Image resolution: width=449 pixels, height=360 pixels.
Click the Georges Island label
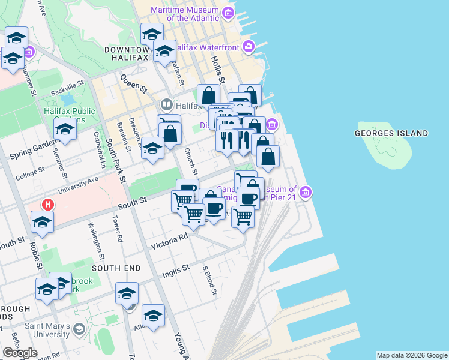(391, 133)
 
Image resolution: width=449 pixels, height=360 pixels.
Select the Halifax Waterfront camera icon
(249, 46)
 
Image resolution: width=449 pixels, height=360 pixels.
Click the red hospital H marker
(48, 205)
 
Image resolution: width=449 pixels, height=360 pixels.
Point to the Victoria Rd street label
(170, 241)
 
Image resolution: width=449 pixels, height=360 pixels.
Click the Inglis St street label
(176, 271)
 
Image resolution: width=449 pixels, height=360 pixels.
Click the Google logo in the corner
(20, 353)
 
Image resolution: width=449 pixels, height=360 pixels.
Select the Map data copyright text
(412, 355)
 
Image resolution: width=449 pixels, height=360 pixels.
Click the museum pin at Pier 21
(306, 193)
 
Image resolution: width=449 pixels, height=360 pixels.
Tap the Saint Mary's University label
(47, 331)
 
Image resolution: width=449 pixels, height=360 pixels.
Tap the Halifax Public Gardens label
(69, 115)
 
